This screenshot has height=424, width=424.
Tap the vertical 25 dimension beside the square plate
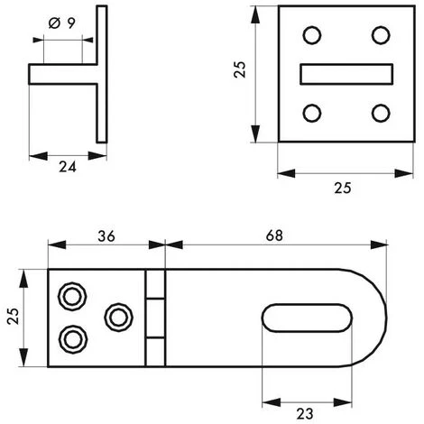pyautogui.click(x=240, y=69)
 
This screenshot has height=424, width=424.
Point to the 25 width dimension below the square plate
pyautogui.click(x=341, y=188)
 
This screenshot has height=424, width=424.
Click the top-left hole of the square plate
pyautogui.click(x=311, y=35)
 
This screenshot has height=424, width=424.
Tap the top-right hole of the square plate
pyautogui.click(x=380, y=35)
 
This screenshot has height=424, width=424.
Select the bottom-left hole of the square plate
pyautogui.click(x=311, y=113)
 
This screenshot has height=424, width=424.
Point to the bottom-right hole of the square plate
pyautogui.click(x=380, y=113)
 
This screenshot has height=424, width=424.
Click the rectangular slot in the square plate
pyautogui.click(x=346, y=74)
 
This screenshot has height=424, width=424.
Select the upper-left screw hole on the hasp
pyautogui.click(x=70, y=296)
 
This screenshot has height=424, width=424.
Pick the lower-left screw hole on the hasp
pyautogui.click(x=70, y=338)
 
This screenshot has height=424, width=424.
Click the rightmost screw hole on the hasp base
pyautogui.click(x=116, y=317)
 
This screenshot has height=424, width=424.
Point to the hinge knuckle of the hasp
pyautogui.click(x=155, y=318)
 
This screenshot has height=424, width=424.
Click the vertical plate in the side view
pyautogui.click(x=100, y=73)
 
